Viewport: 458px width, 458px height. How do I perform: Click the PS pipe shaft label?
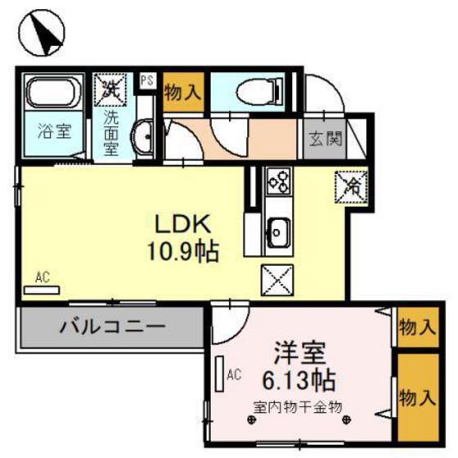coord(147,80)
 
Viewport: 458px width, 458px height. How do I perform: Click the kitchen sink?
coord(276,232)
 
